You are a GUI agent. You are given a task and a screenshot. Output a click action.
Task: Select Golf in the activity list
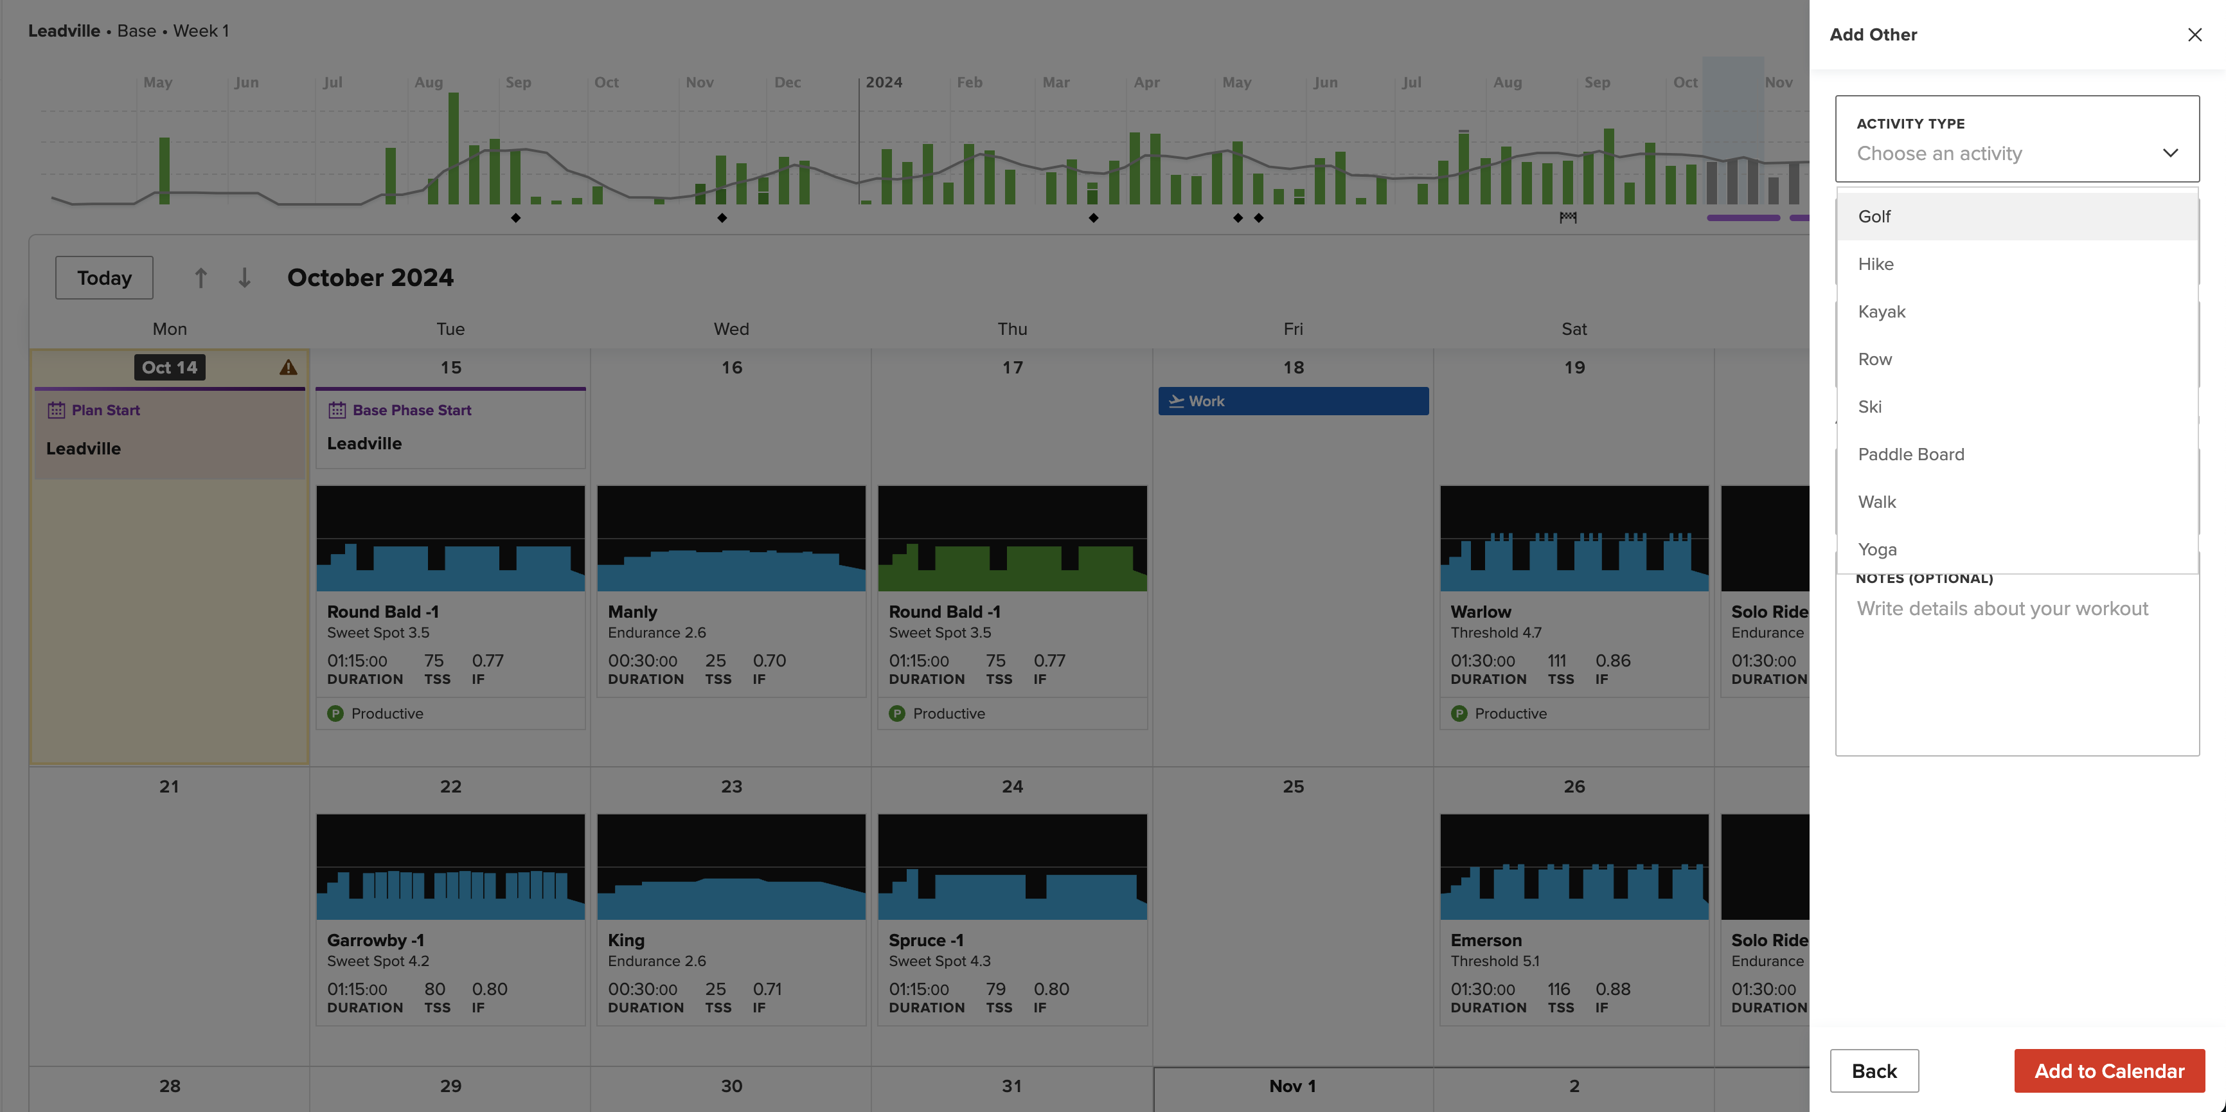click(1874, 217)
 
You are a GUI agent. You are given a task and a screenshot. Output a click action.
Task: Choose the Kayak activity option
click(1881, 312)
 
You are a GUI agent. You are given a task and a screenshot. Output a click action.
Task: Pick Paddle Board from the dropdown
click(1910, 454)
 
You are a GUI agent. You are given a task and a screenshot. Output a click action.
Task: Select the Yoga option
click(1877, 550)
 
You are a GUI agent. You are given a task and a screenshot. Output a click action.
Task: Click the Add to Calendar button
click(2108, 1072)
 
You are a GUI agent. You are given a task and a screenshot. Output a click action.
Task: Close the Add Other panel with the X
click(2194, 35)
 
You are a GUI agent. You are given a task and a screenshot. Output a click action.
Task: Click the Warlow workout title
click(1481, 612)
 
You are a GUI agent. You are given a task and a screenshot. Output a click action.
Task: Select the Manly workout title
click(632, 612)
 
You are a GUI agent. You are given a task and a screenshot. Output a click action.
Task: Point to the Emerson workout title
click(1486, 940)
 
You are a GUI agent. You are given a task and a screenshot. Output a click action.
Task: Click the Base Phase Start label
click(411, 411)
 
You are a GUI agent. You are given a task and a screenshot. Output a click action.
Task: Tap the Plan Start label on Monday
click(105, 411)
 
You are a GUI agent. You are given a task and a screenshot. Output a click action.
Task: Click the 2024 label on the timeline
click(883, 83)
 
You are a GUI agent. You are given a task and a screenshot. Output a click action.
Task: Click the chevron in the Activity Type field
click(2170, 153)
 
